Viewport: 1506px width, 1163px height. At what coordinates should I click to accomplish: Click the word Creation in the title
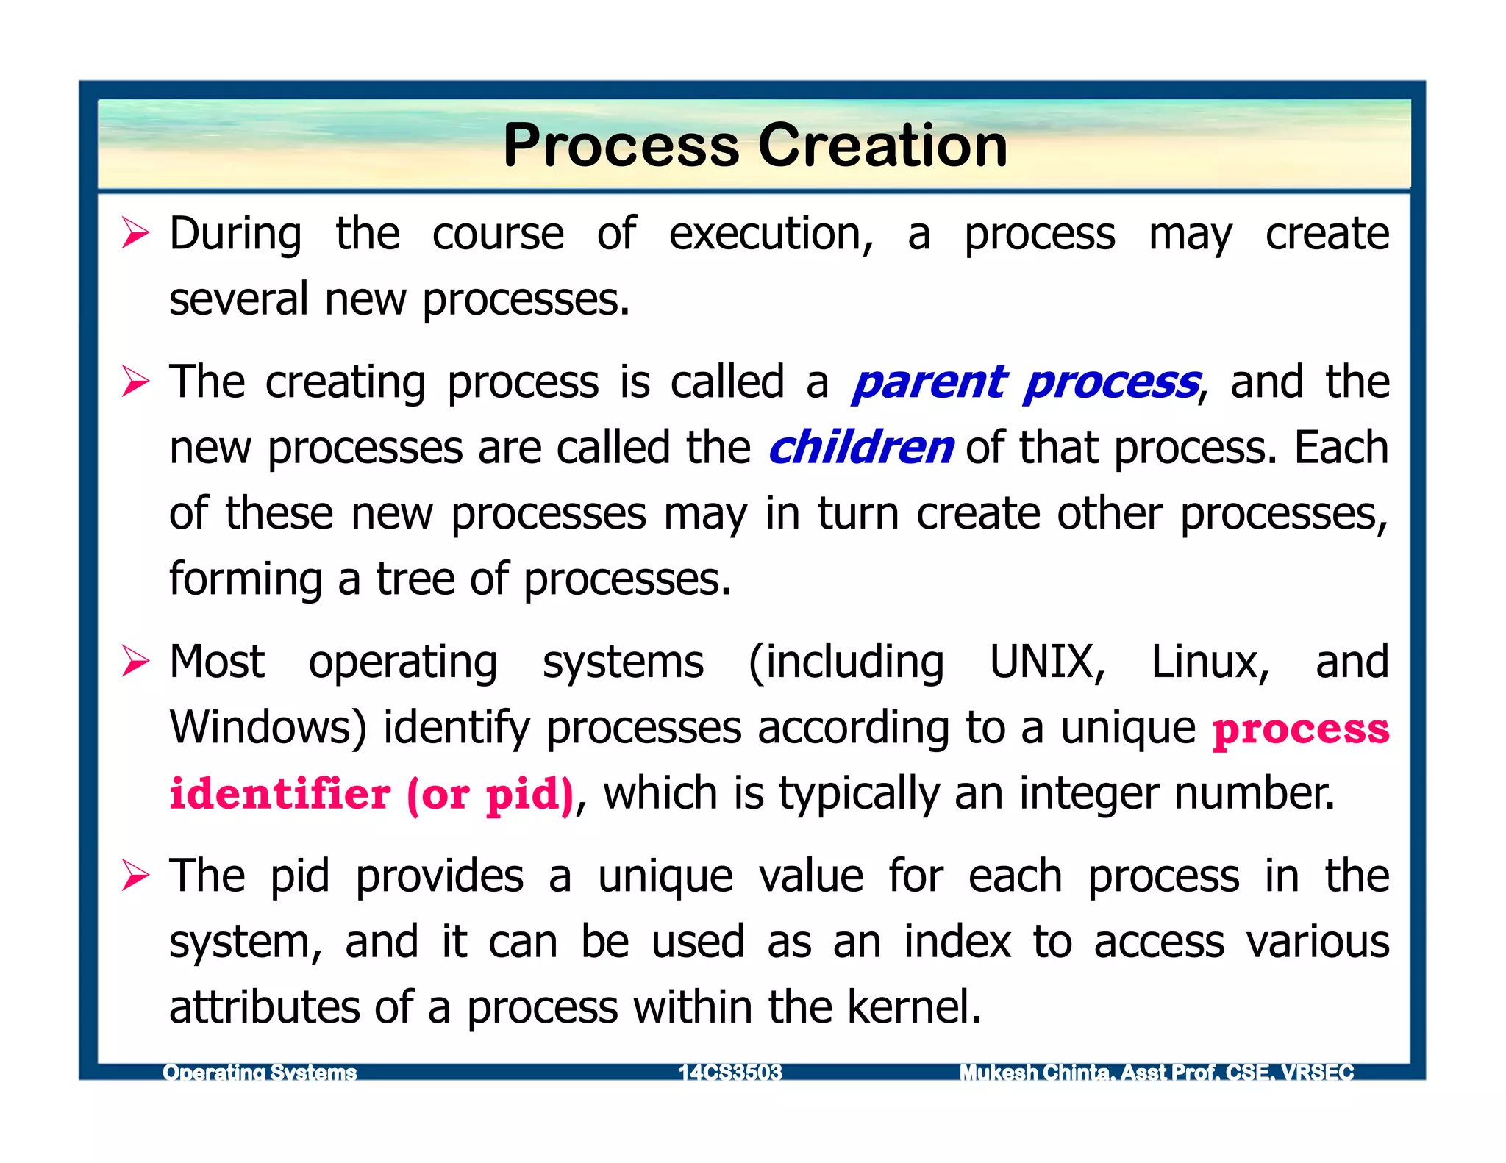(x=882, y=146)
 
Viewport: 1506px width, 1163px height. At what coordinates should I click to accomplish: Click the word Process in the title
(x=621, y=146)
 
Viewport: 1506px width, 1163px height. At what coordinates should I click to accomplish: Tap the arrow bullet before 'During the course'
(x=136, y=234)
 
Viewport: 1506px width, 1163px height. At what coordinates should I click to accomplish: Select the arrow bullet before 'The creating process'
(x=136, y=382)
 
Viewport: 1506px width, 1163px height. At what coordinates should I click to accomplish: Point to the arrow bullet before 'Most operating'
(x=136, y=662)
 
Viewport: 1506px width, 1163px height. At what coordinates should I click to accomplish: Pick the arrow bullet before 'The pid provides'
(x=136, y=876)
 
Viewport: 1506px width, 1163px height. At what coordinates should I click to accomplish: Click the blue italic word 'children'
(x=861, y=448)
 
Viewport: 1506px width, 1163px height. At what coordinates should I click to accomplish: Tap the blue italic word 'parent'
(x=929, y=382)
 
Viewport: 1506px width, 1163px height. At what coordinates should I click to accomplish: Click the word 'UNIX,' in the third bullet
(x=1047, y=662)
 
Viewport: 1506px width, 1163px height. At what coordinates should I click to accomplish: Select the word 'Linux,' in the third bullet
(x=1210, y=662)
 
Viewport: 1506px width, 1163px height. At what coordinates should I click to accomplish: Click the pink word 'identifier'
(x=279, y=794)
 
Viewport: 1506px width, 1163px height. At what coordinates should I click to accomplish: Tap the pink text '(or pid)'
(x=490, y=794)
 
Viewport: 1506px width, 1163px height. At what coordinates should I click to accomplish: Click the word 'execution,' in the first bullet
(x=771, y=234)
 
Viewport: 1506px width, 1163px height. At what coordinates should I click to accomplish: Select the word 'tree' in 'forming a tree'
(x=415, y=579)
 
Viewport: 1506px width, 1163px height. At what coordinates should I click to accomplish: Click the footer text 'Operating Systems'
(x=260, y=1073)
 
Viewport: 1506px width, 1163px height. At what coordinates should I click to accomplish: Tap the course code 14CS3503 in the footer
(x=729, y=1073)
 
